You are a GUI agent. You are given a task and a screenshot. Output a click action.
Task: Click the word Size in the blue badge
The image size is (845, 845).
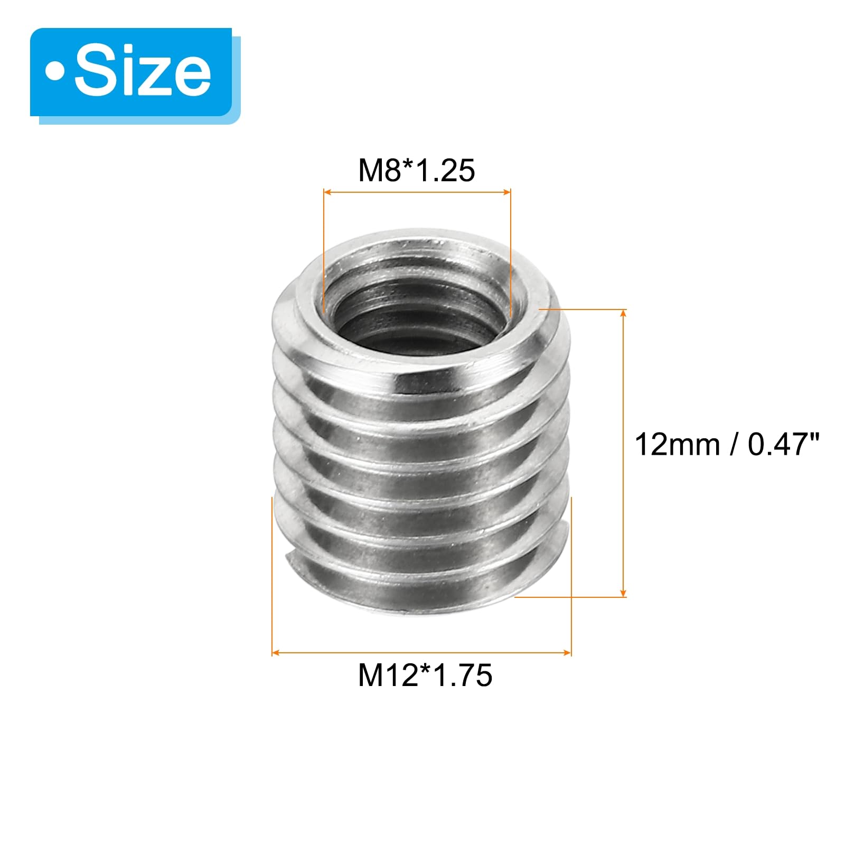pyautogui.click(x=143, y=72)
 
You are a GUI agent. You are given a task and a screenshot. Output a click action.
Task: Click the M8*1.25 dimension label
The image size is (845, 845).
pyautogui.click(x=417, y=170)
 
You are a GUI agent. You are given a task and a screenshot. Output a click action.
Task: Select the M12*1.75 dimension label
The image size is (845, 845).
pyautogui.click(x=425, y=675)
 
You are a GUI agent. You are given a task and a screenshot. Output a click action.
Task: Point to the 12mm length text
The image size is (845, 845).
pyautogui.click(x=678, y=444)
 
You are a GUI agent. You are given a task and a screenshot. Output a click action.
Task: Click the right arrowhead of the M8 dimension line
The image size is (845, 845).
pyautogui.click(x=507, y=192)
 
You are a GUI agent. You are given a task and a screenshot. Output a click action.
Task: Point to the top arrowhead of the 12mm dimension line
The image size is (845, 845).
pyautogui.click(x=624, y=314)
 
